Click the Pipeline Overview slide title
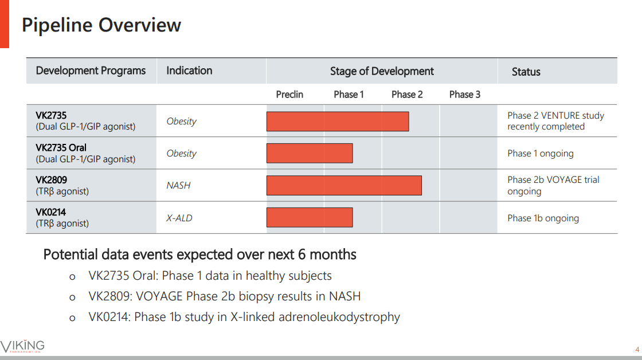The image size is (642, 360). pos(101,25)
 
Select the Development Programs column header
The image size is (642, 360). pos(91,71)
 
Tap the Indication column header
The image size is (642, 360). pos(189,71)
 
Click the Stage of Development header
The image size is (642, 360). pos(382,71)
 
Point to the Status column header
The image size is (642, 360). pos(526,72)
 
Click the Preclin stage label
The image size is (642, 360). pos(289,95)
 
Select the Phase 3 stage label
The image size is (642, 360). pos(464,95)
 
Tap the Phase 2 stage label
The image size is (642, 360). pos(407,95)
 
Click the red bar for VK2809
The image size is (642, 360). pos(344,185)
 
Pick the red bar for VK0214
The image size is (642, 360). pos(310,217)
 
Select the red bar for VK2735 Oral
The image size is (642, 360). pos(310,153)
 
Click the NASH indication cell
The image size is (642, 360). pos(178,185)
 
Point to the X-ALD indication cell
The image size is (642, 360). pos(179,218)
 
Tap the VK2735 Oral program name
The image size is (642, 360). pos(61,147)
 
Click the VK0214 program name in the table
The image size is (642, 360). pos(51,212)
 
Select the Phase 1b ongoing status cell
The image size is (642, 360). pos(543,218)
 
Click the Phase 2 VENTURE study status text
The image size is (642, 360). pos(555,121)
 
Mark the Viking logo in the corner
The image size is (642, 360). pos(22,346)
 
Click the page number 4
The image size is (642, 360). pos(637,350)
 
